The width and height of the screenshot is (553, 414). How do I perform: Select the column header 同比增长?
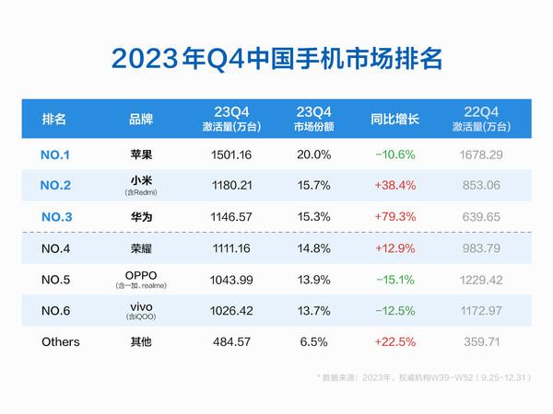tap(394, 119)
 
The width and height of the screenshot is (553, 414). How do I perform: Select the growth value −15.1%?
tap(394, 279)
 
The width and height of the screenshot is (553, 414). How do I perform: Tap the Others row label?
tap(61, 341)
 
